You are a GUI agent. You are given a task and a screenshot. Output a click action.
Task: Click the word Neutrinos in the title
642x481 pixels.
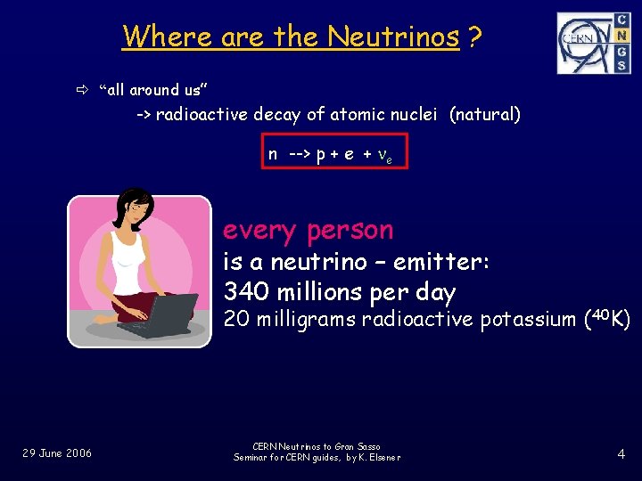pos(393,37)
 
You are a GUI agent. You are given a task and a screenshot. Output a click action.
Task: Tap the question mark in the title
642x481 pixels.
pos(475,37)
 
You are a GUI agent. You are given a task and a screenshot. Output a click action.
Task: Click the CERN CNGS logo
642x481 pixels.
pos(593,43)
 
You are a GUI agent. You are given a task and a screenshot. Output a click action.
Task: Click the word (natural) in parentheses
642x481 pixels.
pos(485,115)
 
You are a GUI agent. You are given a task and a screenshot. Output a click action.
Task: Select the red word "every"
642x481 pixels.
pos(259,230)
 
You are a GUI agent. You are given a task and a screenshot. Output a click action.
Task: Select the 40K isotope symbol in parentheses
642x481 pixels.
pos(606,317)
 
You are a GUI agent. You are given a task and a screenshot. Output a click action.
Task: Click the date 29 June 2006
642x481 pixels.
pos(57,453)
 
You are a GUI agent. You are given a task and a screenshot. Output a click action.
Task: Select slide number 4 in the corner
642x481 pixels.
pos(621,454)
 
